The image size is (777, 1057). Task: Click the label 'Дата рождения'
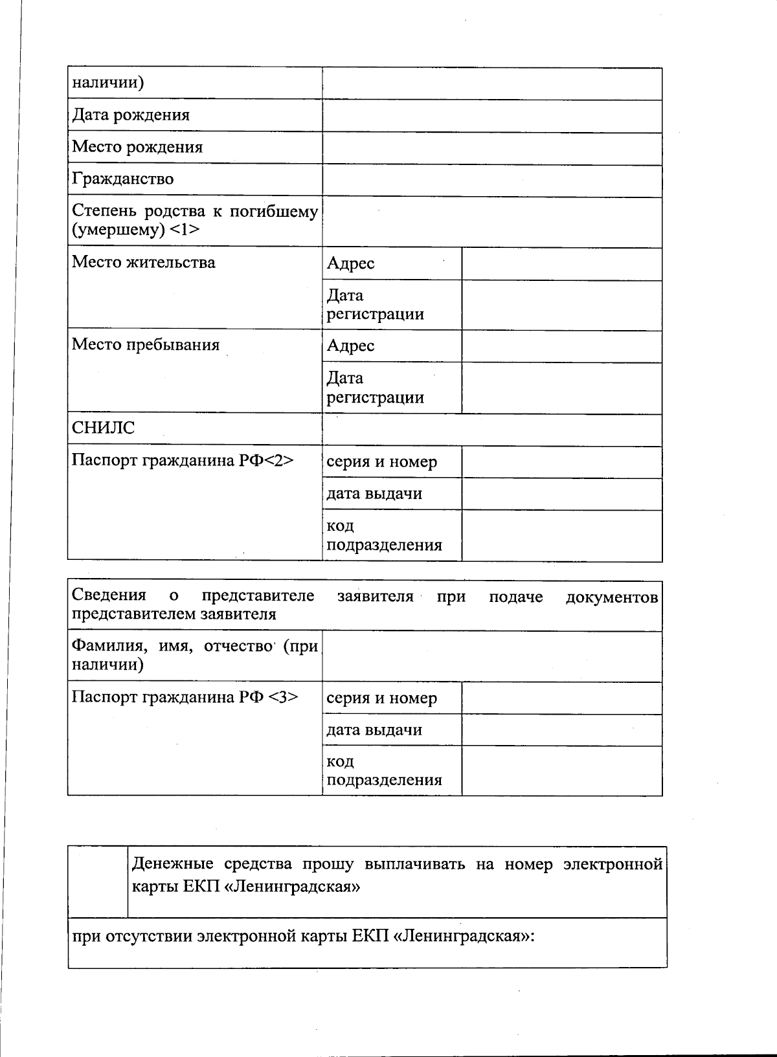pyautogui.click(x=130, y=115)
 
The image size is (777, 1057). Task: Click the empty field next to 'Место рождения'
pyautogui.click(x=492, y=148)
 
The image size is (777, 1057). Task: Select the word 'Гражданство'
pyautogui.click(x=122, y=179)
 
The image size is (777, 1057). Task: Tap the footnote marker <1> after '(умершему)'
pyautogui.click(x=185, y=230)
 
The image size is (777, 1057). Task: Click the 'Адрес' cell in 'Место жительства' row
pyautogui.click(x=350, y=263)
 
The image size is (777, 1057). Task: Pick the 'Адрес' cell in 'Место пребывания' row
pyautogui.click(x=350, y=346)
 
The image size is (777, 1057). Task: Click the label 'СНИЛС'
pyautogui.click(x=103, y=428)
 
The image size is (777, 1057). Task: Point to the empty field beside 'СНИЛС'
pyautogui.click(x=492, y=430)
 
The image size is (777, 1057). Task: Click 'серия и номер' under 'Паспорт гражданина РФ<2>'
pyautogui.click(x=381, y=462)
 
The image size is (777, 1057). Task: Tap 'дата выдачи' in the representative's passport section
pyautogui.click(x=374, y=730)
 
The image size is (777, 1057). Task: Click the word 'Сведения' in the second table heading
pyautogui.click(x=109, y=595)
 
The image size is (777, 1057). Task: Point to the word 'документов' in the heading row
pyautogui.click(x=611, y=597)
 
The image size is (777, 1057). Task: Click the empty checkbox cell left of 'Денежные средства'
pyautogui.click(x=97, y=882)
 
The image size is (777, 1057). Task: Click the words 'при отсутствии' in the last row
pyautogui.click(x=132, y=937)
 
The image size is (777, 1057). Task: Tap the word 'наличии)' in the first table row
pyautogui.click(x=107, y=83)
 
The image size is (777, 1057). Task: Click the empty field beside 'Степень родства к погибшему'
pyautogui.click(x=492, y=222)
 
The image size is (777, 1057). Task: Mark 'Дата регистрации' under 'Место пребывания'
pyautogui.click(x=375, y=388)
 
